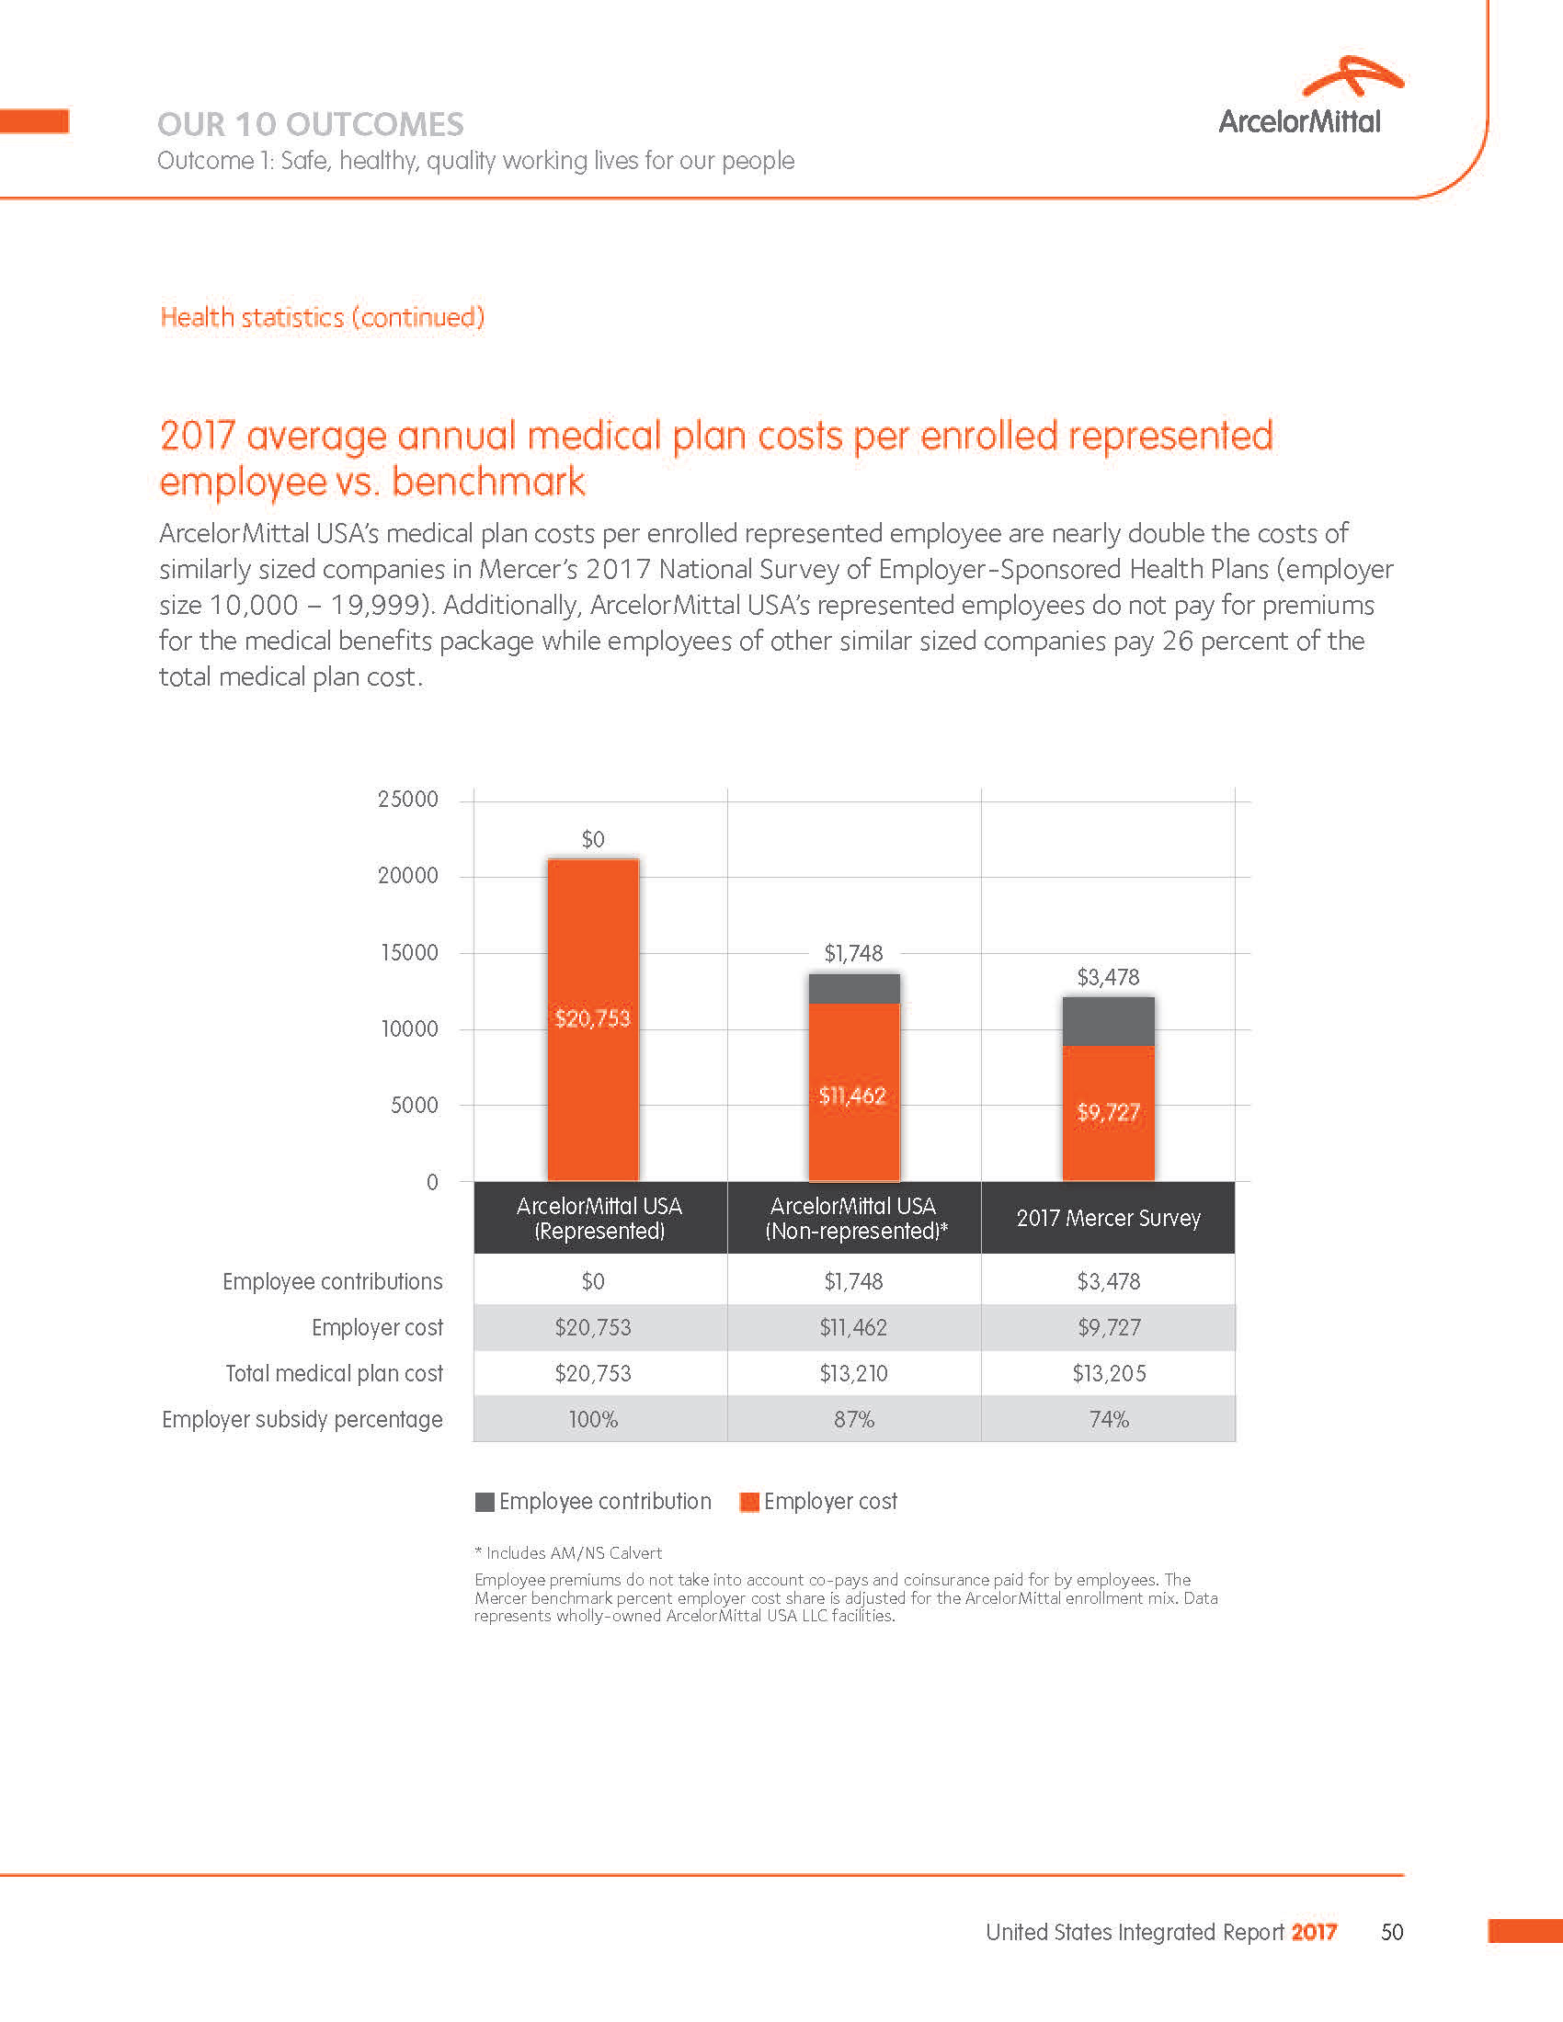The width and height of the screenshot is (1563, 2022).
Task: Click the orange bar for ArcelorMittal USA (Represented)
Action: tap(593, 1093)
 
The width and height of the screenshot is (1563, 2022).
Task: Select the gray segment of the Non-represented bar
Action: tap(854, 989)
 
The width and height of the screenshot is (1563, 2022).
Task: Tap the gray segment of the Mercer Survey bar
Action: tap(1108, 1021)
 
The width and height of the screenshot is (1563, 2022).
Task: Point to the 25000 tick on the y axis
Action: tap(407, 799)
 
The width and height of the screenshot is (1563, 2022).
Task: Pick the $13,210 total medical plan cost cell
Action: tap(853, 1373)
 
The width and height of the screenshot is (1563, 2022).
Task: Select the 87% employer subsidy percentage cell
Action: tap(853, 1419)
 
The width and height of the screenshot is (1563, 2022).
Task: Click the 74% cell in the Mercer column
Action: tap(1109, 1419)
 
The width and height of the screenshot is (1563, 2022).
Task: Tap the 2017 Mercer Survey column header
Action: tap(1109, 1219)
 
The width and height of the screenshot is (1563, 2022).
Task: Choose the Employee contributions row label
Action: tap(333, 1281)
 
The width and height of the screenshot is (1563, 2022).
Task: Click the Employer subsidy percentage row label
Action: tap(302, 1419)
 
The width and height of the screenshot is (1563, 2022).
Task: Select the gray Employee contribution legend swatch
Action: tap(485, 1502)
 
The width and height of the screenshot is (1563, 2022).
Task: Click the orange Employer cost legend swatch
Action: tap(749, 1502)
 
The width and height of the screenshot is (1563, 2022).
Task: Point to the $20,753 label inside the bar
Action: tap(593, 1018)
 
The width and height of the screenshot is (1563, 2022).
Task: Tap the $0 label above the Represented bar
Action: tap(593, 839)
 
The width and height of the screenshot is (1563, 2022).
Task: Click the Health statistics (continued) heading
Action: tap(322, 318)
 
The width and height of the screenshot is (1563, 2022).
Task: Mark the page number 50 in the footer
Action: tap(1392, 1932)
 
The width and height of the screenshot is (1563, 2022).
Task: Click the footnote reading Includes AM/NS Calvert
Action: tap(568, 1552)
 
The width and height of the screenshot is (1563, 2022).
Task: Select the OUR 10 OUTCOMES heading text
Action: tap(310, 124)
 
